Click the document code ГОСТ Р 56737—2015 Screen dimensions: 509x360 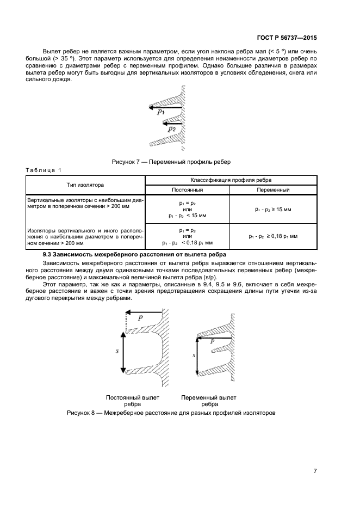click(x=288, y=39)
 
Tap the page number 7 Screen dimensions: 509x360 click(x=315, y=470)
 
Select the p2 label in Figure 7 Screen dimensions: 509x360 click(x=171, y=129)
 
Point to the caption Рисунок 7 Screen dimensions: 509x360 click(x=171, y=162)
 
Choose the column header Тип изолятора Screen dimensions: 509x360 click(x=86, y=185)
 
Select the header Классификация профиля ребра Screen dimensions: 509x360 click(x=231, y=180)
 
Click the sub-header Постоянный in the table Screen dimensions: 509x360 click(x=188, y=190)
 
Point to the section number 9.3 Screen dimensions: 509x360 click(x=48, y=255)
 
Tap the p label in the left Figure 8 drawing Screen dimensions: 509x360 click(x=140, y=317)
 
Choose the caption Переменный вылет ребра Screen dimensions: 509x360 click(x=209, y=401)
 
